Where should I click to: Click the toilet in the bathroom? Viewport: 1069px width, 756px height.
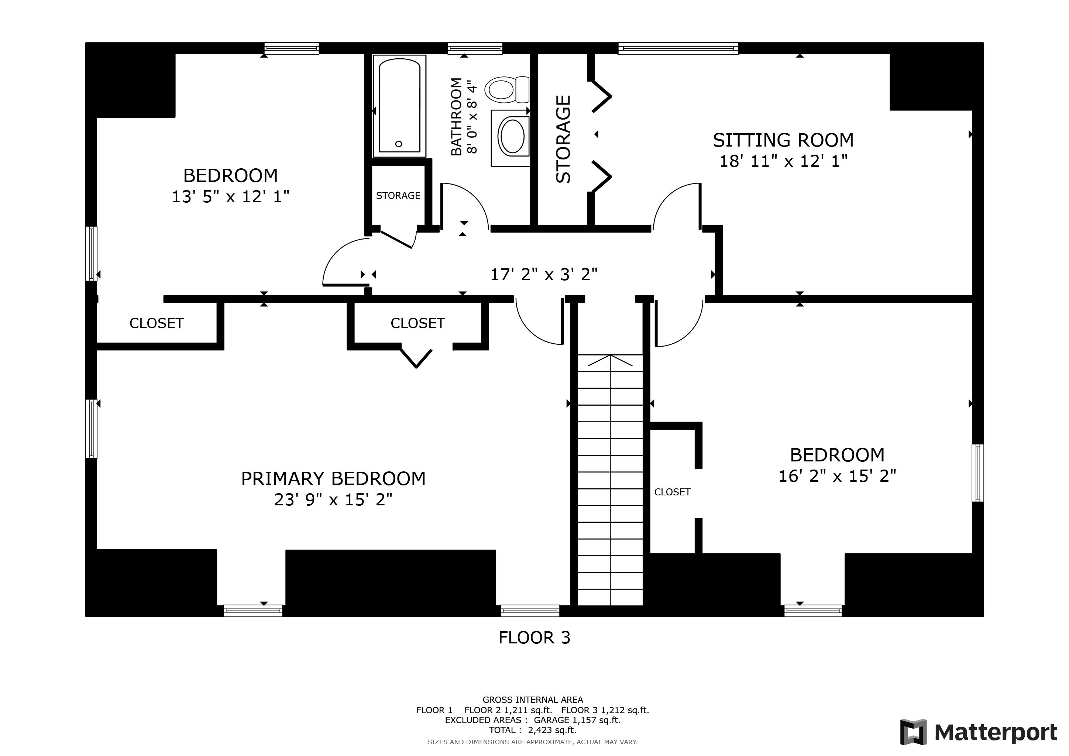pyautogui.click(x=506, y=89)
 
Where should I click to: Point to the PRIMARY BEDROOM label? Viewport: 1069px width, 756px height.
pyautogui.click(x=333, y=478)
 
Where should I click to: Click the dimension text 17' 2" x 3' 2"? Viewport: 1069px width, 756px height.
pyautogui.click(x=544, y=275)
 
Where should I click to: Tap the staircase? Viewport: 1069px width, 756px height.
pyautogui.click(x=610, y=480)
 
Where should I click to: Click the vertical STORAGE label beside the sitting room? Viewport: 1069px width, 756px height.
pyautogui.click(x=563, y=139)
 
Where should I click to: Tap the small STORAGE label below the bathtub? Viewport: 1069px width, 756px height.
pyautogui.click(x=398, y=196)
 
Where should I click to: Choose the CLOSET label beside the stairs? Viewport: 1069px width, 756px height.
pyautogui.click(x=672, y=492)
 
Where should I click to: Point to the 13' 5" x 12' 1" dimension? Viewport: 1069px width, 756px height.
pyautogui.click(x=230, y=197)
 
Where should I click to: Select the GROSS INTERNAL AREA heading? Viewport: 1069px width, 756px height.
pyautogui.click(x=533, y=700)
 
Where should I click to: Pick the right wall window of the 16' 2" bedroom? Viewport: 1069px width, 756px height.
pyautogui.click(x=978, y=473)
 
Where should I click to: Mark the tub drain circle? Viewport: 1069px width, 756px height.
pyautogui.click(x=399, y=144)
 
